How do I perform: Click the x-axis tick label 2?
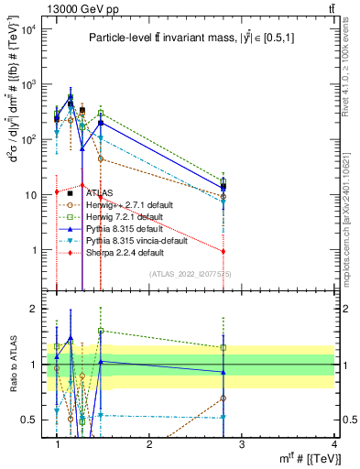click(x=150, y=444)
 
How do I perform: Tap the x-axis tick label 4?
click(x=334, y=444)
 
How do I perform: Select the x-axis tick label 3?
click(x=242, y=444)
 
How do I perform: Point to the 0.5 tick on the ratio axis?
click(x=32, y=420)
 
